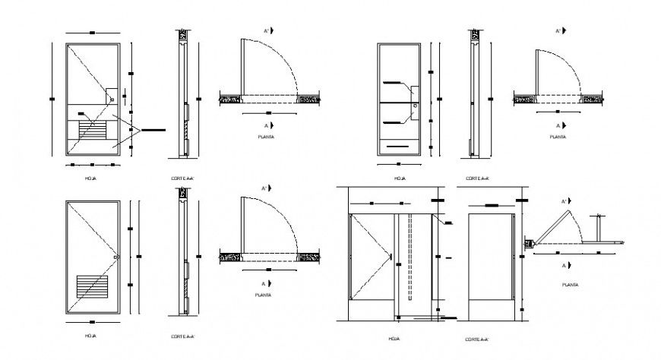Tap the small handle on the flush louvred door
coord(115,257)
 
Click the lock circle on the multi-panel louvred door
coord(112,97)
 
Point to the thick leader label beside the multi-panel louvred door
coord(151,130)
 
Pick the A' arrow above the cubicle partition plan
coord(566,201)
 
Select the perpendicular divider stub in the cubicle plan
coord(600,226)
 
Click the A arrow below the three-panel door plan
coord(561,125)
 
